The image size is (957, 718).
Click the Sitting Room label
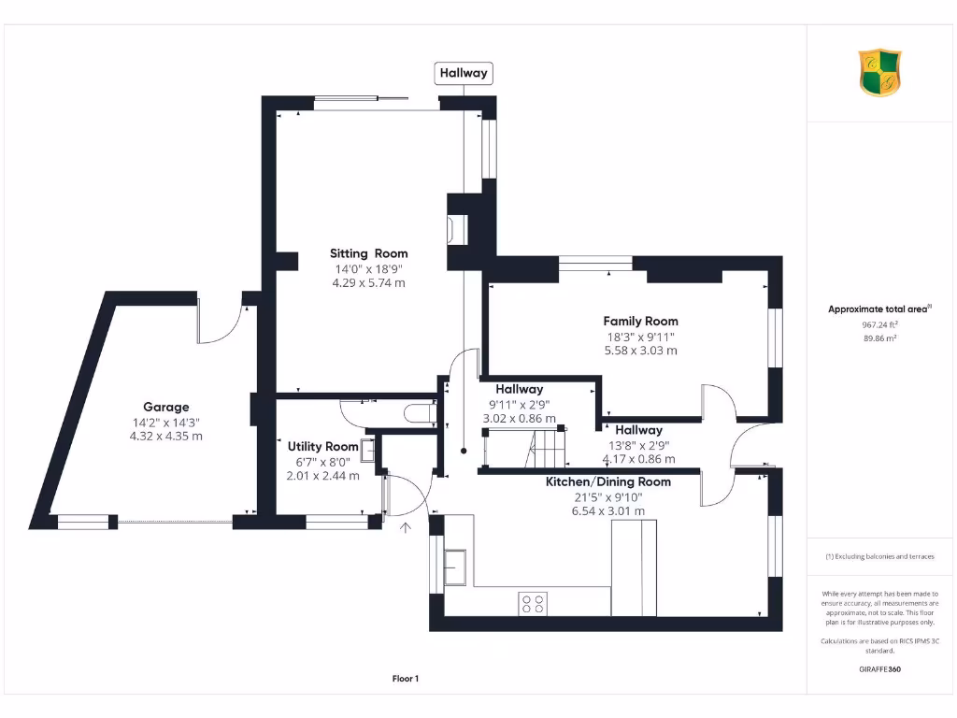tap(368, 253)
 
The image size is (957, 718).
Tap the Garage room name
tap(165, 407)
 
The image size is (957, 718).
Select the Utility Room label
tap(322, 447)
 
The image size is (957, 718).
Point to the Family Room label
tap(640, 321)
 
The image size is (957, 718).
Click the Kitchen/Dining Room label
tap(607, 481)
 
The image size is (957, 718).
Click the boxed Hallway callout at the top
tap(464, 73)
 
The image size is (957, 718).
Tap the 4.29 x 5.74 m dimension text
tap(368, 282)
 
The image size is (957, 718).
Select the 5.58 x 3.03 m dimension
tap(640, 351)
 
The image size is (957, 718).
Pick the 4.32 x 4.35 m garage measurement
tap(165, 436)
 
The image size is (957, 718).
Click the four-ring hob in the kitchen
tap(533, 603)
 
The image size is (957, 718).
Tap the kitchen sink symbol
tap(456, 566)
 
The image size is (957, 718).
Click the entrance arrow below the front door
tap(406, 529)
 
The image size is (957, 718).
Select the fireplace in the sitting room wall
tap(458, 230)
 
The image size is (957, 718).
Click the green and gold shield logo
tap(879, 73)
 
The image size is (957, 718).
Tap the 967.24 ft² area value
tap(879, 325)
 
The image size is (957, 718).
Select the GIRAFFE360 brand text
tap(879, 669)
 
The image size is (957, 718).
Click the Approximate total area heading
tap(879, 309)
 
